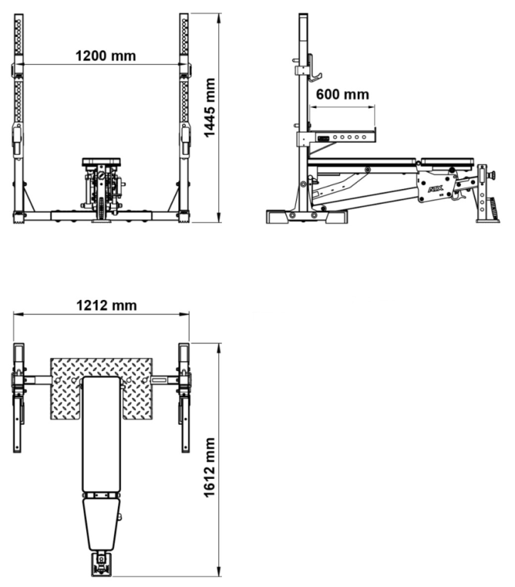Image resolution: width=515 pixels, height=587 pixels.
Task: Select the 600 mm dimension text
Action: tap(343, 95)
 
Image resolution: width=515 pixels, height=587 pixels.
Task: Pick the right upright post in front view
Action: tap(184, 114)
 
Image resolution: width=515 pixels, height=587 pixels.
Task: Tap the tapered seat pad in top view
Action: tap(102, 523)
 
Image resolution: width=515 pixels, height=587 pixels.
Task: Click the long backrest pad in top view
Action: tap(102, 433)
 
